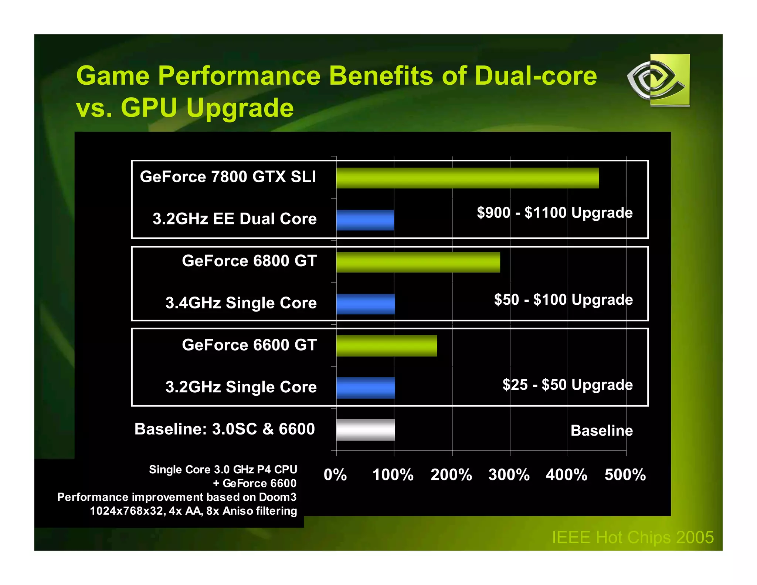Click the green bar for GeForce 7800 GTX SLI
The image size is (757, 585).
467,178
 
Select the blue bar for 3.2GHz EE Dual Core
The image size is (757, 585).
365,220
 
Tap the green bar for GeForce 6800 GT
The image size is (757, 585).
418,262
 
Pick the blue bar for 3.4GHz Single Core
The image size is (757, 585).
366,304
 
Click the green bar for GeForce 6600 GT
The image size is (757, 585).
387,346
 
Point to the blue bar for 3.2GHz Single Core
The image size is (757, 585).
366,388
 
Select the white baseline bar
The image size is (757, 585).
366,430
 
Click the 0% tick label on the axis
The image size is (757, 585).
335,475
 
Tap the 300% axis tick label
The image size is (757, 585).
509,475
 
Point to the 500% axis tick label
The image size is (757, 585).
625,475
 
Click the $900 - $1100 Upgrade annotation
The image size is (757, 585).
554,213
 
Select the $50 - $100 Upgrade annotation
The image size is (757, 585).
563,300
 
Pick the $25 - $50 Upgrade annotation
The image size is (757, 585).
567,385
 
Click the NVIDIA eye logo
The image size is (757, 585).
658,80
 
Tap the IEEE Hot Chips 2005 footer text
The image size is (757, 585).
632,537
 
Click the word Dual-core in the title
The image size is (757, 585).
536,76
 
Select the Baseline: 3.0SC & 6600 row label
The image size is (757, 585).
224,429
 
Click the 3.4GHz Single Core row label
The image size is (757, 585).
241,303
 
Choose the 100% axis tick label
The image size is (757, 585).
393,475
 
